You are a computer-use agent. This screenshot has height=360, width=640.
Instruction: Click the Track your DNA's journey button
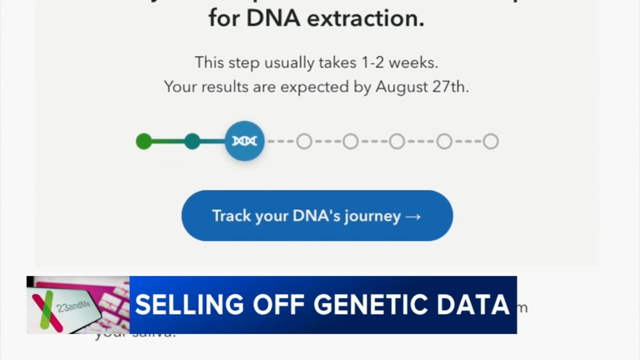[x=317, y=216]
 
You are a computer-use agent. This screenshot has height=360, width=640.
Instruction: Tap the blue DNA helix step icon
[x=244, y=141]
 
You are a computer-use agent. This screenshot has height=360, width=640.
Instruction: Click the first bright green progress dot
[x=144, y=141]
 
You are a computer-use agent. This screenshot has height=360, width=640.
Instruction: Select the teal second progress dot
[x=192, y=141]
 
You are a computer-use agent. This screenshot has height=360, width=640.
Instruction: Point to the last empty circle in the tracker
[x=490, y=141]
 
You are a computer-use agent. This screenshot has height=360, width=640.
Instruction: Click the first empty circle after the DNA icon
[x=304, y=141]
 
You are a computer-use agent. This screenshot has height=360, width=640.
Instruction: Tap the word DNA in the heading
[x=273, y=18]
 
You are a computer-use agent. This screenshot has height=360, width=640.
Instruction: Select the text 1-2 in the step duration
[x=372, y=62]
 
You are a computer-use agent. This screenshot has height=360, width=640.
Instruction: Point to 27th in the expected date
[x=450, y=87]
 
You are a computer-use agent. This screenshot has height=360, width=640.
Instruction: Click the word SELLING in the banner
[x=189, y=305]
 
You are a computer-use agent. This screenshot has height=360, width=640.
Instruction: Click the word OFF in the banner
[x=278, y=305]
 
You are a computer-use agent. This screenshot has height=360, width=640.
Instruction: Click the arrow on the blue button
[x=413, y=216]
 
